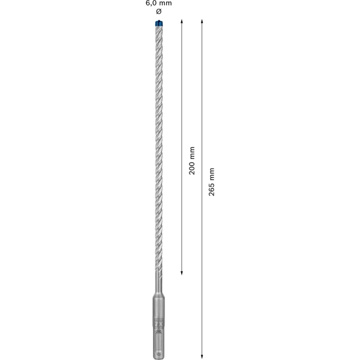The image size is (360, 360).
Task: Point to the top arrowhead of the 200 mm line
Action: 182,21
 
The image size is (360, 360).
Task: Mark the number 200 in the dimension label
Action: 192,169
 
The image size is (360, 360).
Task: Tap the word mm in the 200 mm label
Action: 192,153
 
